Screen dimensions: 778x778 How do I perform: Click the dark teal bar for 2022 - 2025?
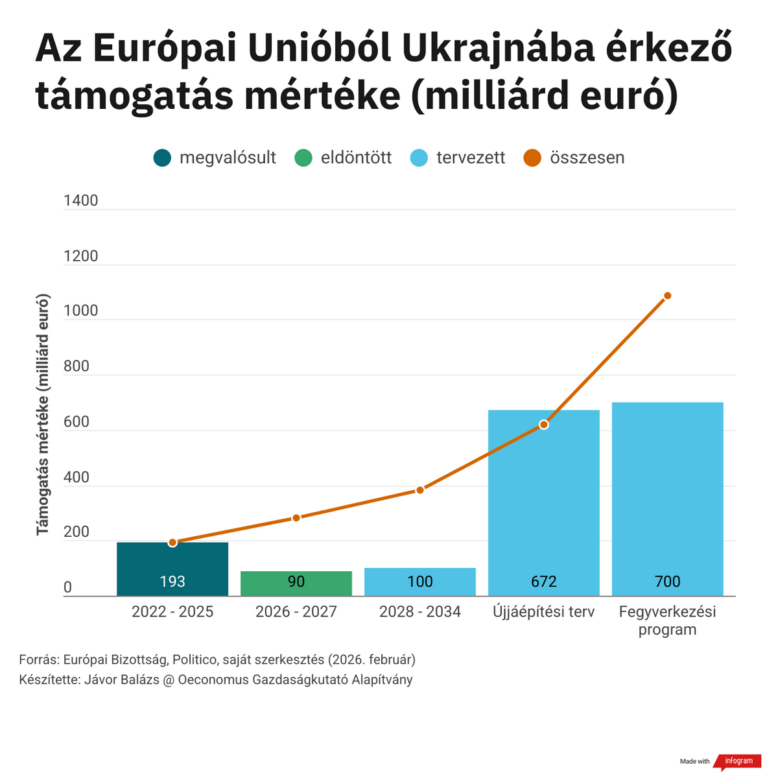172,569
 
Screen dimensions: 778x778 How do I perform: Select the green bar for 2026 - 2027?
296,583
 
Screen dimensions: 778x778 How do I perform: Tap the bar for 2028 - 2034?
420,582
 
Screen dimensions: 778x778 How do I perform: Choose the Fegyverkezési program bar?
667,499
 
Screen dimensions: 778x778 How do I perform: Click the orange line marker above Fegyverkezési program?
667,296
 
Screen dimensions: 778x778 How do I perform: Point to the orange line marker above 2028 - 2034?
420,490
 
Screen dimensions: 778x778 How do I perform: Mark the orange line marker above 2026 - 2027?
296,518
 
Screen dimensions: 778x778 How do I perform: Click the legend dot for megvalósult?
162,158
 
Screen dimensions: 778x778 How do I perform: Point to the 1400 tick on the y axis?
81,200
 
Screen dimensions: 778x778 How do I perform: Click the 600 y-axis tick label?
77,422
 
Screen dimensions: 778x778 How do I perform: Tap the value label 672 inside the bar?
544,582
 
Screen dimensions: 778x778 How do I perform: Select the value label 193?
172,582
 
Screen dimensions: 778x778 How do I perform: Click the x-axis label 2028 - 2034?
420,611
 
